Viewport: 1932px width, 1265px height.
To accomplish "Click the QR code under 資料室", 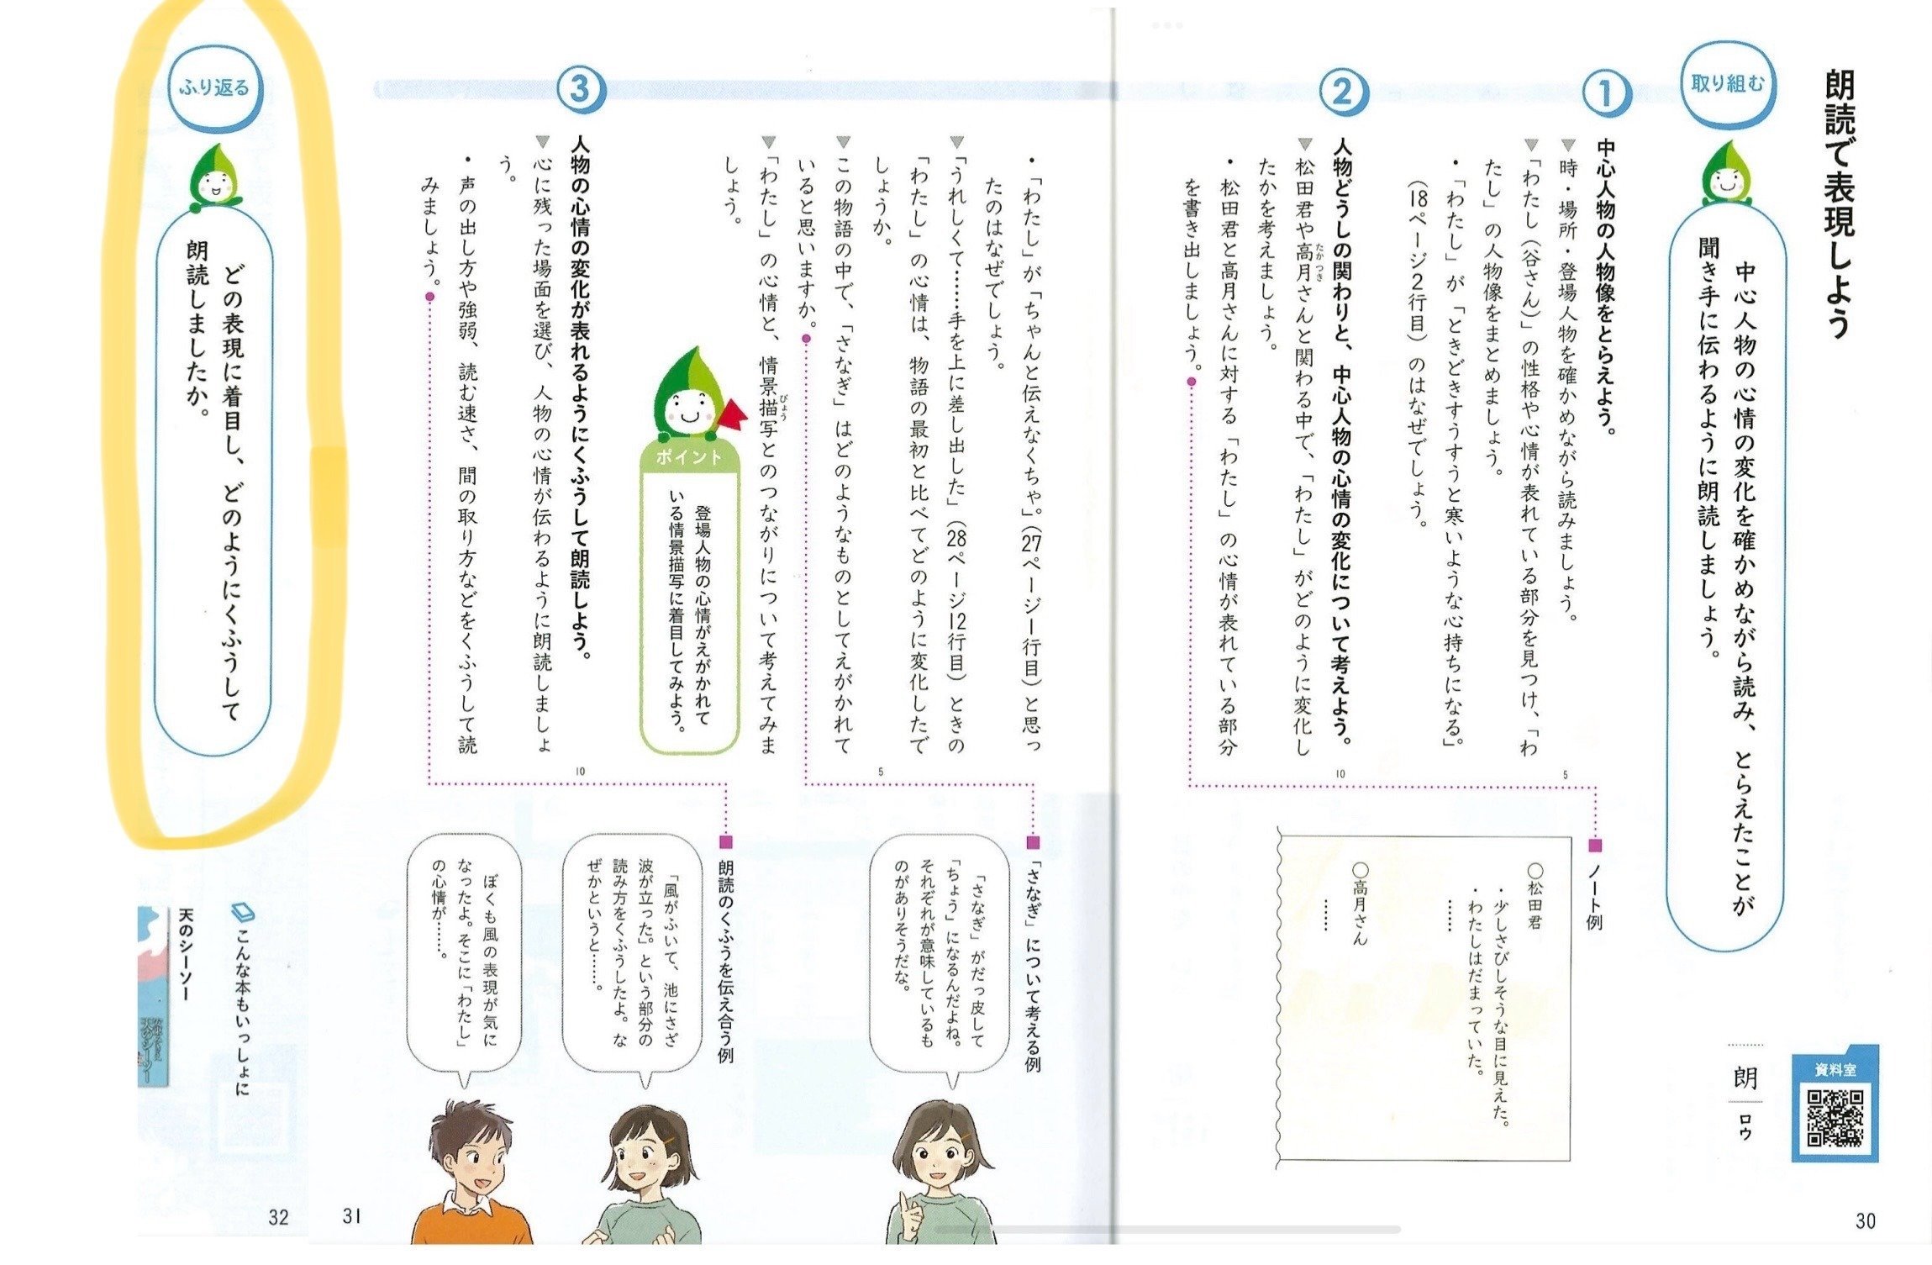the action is coord(1835,1118).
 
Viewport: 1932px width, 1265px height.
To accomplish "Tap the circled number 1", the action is coord(1604,94).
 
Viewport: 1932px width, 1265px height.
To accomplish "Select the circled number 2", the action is coord(1341,92).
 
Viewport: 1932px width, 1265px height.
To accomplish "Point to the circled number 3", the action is coord(580,89).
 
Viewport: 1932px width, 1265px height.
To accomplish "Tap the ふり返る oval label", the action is coord(214,87).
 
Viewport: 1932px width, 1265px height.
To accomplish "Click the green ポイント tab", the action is coord(689,456).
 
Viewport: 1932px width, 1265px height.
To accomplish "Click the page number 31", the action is coord(352,1215).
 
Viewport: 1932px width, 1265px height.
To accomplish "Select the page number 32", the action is coord(278,1216).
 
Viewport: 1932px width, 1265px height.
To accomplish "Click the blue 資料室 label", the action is coord(1835,1070).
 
